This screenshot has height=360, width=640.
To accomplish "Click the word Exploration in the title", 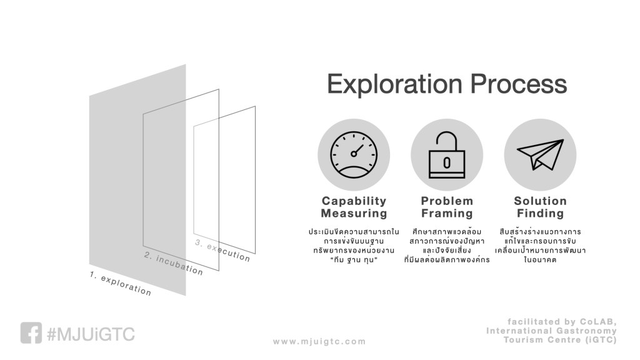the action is [395, 84].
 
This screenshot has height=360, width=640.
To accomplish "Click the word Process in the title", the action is [518, 84].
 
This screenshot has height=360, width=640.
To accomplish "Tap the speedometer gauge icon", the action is [354, 155].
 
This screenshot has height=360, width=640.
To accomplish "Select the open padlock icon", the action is [447, 155].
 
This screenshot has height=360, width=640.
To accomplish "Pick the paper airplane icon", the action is [541, 155].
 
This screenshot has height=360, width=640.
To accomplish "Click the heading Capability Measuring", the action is [354, 207].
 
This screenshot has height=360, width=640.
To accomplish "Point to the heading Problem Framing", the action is [447, 207].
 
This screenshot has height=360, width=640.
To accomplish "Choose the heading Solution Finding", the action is [541, 207].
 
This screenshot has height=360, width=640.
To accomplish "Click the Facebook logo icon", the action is [31, 333].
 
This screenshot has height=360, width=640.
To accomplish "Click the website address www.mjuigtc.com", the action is [319, 342].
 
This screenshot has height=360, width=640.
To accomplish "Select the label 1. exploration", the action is [121, 283].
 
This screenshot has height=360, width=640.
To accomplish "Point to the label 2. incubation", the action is [174, 263].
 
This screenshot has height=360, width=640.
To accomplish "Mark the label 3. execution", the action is [222, 250].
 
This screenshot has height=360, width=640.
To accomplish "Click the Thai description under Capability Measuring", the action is [354, 246].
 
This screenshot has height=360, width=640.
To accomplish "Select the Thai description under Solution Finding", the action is [541, 246].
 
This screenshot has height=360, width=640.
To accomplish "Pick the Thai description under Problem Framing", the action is [447, 246].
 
